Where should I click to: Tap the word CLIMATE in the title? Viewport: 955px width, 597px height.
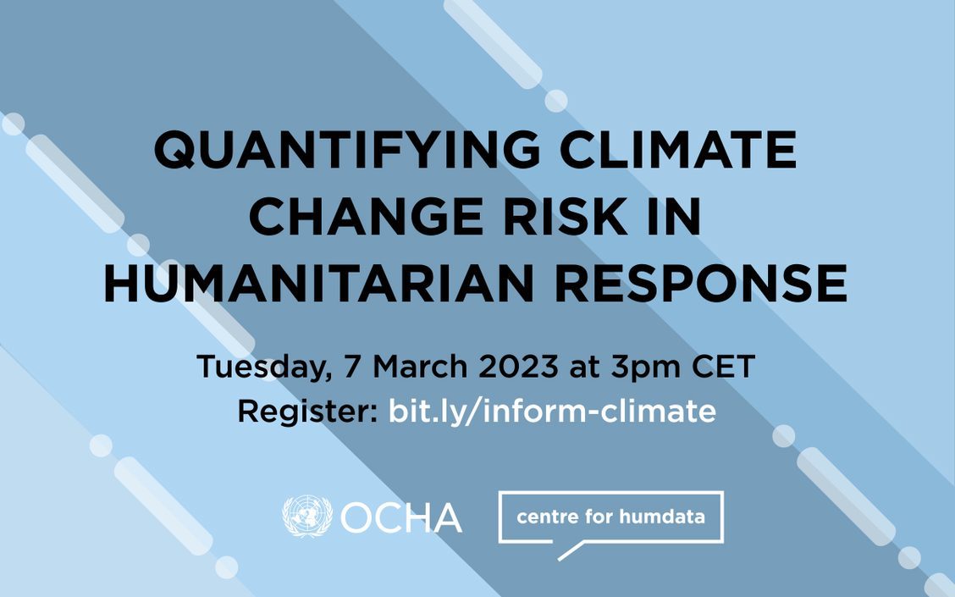[678, 150]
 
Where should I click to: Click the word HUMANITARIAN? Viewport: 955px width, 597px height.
[318, 284]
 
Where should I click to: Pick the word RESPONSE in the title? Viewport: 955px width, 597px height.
[700, 284]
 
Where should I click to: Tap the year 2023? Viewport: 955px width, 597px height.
[518, 366]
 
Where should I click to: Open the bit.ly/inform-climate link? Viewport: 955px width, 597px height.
[552, 412]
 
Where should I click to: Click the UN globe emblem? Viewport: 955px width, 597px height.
[307, 516]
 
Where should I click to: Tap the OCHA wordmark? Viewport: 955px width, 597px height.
[400, 517]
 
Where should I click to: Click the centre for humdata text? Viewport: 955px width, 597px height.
[610, 517]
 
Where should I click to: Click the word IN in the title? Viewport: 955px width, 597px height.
[674, 216]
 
